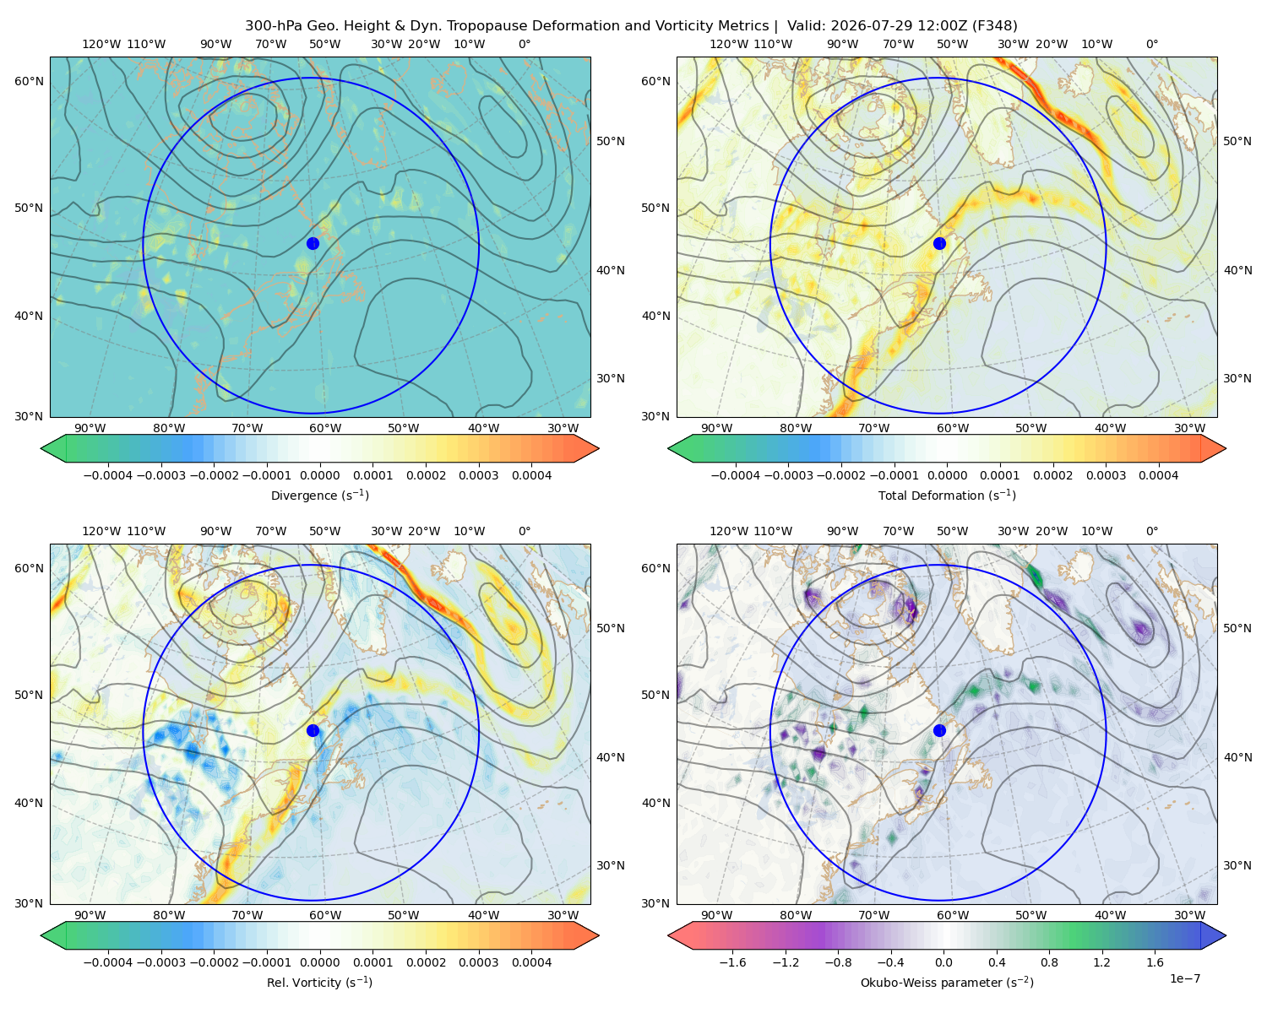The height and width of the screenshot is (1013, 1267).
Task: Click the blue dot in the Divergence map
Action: pos(313,243)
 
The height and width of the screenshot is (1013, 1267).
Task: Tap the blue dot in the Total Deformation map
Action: pos(939,243)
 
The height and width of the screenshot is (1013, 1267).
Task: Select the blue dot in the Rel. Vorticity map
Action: pos(313,730)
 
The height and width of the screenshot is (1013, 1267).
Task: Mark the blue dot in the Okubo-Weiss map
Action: pos(939,730)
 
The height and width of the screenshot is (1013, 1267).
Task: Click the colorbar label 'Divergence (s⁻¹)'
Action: pos(319,495)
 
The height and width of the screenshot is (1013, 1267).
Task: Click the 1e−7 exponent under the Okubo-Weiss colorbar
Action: pos(1184,978)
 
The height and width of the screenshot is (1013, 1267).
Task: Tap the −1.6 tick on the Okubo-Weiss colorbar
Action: pos(732,962)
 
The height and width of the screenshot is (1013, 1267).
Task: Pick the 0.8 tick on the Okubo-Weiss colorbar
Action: pos(1049,962)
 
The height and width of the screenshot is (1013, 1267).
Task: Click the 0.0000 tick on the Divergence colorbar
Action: pos(319,475)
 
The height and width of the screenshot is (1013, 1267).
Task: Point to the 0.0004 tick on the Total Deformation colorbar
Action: pos(1159,475)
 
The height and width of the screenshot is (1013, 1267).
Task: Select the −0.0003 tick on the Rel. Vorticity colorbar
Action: pos(160,962)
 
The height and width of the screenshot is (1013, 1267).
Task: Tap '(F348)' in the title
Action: pos(994,26)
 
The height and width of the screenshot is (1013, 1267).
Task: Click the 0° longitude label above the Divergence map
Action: pos(525,44)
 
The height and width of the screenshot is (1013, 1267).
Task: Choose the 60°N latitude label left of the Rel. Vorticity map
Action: pos(29,568)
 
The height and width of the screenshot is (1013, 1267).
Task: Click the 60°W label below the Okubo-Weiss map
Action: pos(953,915)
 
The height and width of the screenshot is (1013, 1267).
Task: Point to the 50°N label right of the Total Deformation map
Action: pos(1237,141)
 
